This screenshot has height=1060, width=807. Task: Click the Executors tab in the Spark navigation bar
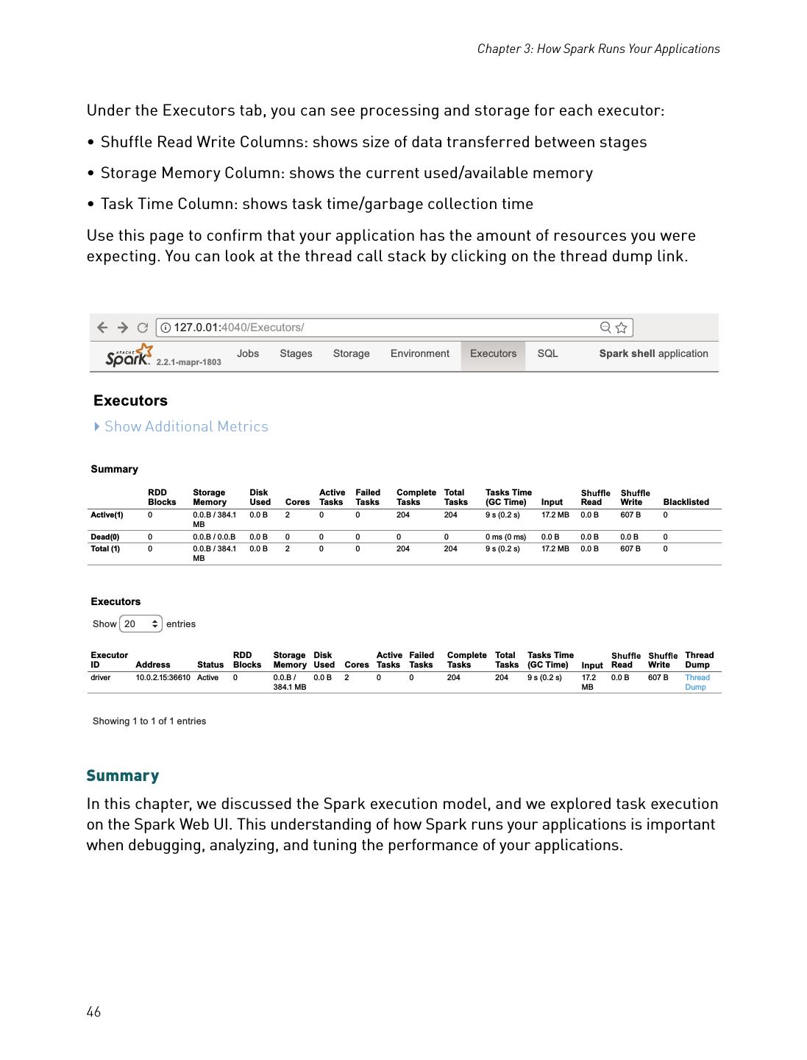(x=493, y=354)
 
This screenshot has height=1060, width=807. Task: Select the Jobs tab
(x=248, y=354)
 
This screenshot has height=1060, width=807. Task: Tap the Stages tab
(x=296, y=354)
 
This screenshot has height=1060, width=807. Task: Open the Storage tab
(x=351, y=354)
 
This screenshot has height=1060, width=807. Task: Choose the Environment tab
(x=419, y=354)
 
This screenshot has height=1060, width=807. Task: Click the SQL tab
(x=547, y=354)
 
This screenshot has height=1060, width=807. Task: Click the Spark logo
(x=129, y=356)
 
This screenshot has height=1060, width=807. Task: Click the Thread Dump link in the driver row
(x=697, y=682)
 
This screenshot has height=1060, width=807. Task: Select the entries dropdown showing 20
(x=141, y=624)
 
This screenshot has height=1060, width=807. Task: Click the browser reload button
(x=143, y=328)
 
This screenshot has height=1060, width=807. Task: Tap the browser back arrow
(x=102, y=328)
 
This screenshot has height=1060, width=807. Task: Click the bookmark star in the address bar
(x=622, y=328)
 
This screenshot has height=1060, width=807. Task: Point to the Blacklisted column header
(x=686, y=502)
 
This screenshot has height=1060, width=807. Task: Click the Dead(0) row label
(x=105, y=537)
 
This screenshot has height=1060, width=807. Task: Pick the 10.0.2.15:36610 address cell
(x=163, y=678)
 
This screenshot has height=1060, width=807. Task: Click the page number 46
(x=93, y=1012)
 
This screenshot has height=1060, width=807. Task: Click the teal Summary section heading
(x=123, y=776)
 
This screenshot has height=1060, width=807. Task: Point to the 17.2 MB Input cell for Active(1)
(x=555, y=515)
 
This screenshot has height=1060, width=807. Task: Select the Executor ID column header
(x=109, y=660)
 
